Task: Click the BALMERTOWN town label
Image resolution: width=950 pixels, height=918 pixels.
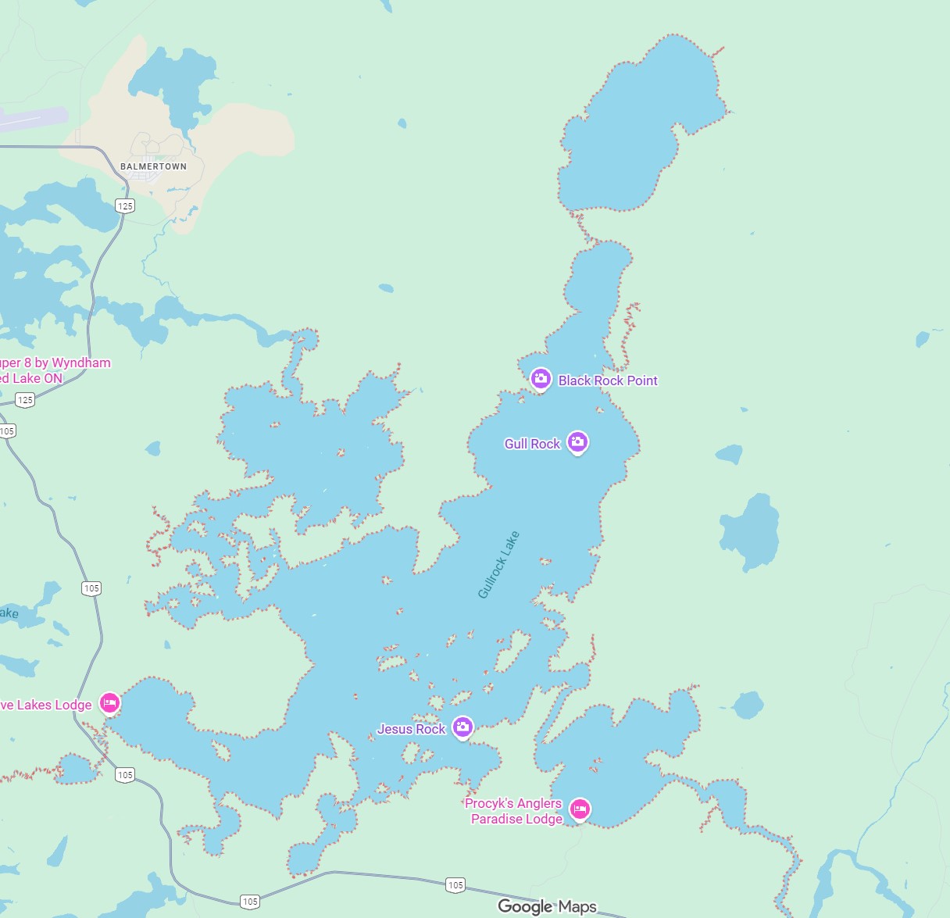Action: coord(153,166)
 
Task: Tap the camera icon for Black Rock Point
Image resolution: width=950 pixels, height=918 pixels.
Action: coord(541,379)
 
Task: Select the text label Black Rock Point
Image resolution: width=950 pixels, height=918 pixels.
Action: coord(608,380)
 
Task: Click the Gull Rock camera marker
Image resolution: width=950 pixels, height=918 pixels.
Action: coord(577,442)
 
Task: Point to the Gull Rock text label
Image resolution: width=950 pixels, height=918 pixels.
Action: coord(532,444)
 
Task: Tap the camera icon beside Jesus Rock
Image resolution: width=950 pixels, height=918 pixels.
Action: coord(462,727)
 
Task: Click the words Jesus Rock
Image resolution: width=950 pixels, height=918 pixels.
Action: coord(411,729)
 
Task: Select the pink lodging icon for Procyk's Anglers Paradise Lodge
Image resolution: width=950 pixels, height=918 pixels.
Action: coord(579,809)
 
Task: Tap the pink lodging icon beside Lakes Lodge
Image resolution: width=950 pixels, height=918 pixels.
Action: coord(109,703)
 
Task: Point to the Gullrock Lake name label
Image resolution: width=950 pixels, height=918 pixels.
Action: coord(498,565)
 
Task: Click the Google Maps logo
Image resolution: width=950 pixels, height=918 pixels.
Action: coord(547,906)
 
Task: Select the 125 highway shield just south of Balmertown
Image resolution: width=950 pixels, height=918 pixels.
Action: coord(125,206)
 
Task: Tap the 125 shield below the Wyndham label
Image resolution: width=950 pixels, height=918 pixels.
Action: coord(25,400)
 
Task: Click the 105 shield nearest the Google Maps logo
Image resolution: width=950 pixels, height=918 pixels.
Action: coord(455,885)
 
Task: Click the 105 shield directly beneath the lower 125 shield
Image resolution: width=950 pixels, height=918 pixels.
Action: coord(7,430)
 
